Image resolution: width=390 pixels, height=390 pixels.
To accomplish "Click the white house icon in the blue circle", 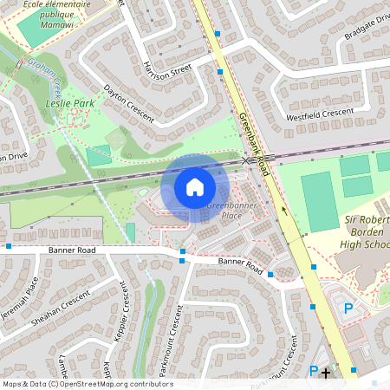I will pyautogui.click(x=195, y=187).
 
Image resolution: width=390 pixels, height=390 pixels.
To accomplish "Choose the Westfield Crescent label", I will pyautogui.click(x=321, y=113).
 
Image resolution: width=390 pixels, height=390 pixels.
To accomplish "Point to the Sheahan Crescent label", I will pyautogui.click(x=62, y=305).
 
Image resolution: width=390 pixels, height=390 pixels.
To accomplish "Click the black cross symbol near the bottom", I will pyautogui.click(x=326, y=373).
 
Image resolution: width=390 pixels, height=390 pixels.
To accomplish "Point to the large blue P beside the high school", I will pyautogui.click(x=349, y=308).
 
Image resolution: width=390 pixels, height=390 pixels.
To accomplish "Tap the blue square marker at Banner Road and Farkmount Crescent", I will pyautogui.click(x=182, y=261).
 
